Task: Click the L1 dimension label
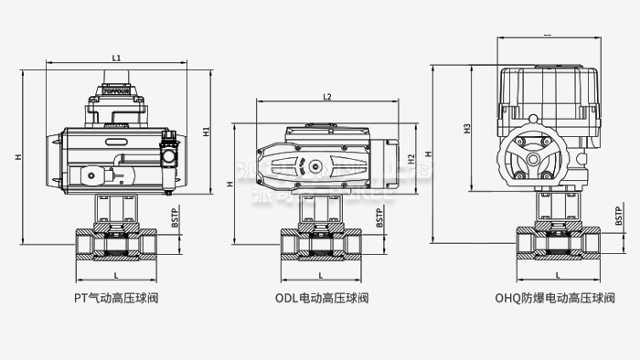point(116,58)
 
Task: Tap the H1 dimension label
point(207,130)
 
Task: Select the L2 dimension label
point(327,97)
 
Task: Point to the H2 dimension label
point(412,161)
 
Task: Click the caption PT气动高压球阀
point(115,298)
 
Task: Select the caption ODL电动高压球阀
point(322,298)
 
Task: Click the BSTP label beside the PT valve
point(175,217)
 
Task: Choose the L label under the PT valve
point(115,274)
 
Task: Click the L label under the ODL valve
point(321,274)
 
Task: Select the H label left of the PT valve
point(18,157)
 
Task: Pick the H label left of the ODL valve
point(230,184)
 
